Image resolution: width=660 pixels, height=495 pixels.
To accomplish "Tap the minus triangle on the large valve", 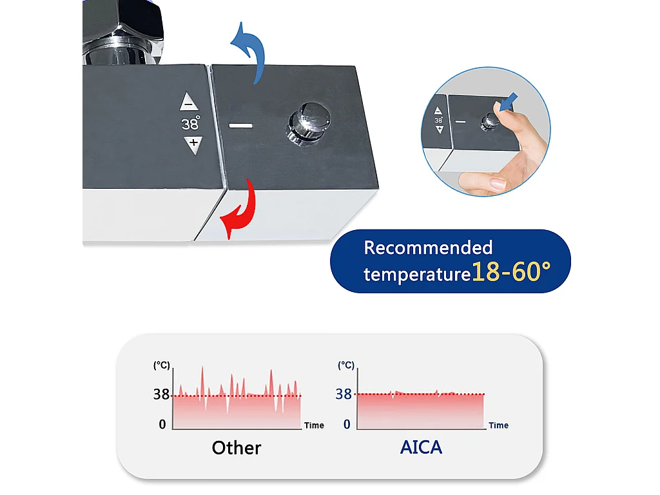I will (189, 102).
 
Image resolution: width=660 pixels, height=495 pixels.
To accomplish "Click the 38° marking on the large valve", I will (191, 123).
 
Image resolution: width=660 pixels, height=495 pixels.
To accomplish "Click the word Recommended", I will (428, 247).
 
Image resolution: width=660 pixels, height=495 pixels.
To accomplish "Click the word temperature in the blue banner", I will (416, 275).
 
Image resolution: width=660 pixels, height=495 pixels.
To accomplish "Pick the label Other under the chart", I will (237, 447).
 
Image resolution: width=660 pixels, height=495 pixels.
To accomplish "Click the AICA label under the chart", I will (421, 447).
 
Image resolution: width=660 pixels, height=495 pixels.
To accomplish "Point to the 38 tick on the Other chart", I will (161, 394).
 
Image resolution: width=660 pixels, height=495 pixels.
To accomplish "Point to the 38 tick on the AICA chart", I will (344, 394).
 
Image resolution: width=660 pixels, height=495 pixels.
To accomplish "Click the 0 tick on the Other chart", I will (162, 423).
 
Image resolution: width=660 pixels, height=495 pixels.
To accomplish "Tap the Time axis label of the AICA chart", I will (498, 425).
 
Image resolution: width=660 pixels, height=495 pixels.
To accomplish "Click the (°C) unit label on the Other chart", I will (161, 365).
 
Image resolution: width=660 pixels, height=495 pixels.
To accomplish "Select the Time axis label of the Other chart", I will (314, 425).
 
